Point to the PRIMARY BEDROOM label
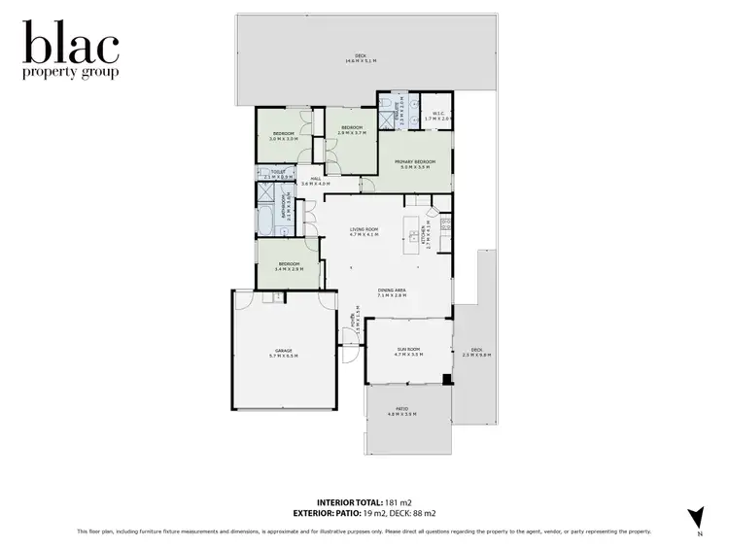[414, 161]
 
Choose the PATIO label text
[401, 408]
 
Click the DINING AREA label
[392, 290]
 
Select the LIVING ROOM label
[364, 229]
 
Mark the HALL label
[316, 178]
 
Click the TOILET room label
[278, 172]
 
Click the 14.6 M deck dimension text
[360, 61]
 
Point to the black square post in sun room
[445, 378]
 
